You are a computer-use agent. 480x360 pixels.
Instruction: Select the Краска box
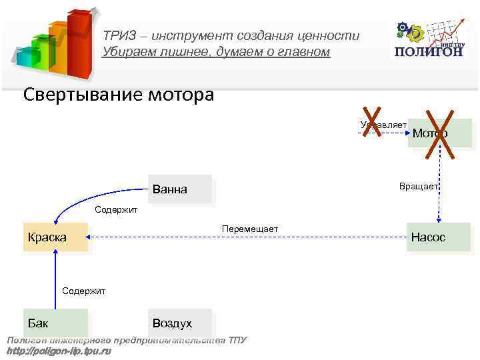point(55,237)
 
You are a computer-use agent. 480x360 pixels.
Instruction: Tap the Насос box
point(439,237)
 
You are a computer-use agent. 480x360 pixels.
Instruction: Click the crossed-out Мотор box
point(439,133)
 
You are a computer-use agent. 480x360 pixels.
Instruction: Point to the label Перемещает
point(250,229)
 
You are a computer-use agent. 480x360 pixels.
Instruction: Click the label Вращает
point(418,187)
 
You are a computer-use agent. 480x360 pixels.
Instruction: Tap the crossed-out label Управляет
point(383,125)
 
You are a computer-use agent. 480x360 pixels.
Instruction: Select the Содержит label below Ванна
point(116,210)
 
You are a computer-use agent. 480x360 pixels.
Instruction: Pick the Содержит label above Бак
point(83,291)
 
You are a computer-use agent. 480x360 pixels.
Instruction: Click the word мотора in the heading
point(181,95)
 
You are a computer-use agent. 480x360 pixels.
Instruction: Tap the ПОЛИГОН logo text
point(429,52)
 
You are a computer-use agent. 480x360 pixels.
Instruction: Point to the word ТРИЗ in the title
point(118,37)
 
